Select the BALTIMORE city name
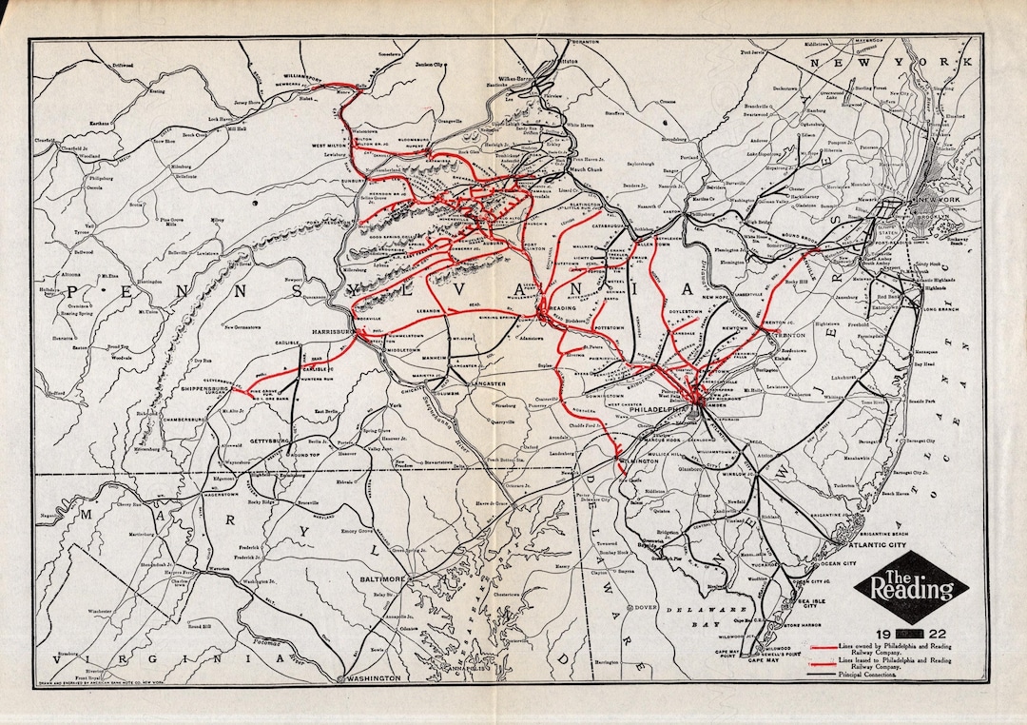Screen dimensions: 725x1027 (379, 578)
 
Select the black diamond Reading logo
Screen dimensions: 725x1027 (904, 588)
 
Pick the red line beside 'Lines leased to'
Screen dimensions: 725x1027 (823, 660)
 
